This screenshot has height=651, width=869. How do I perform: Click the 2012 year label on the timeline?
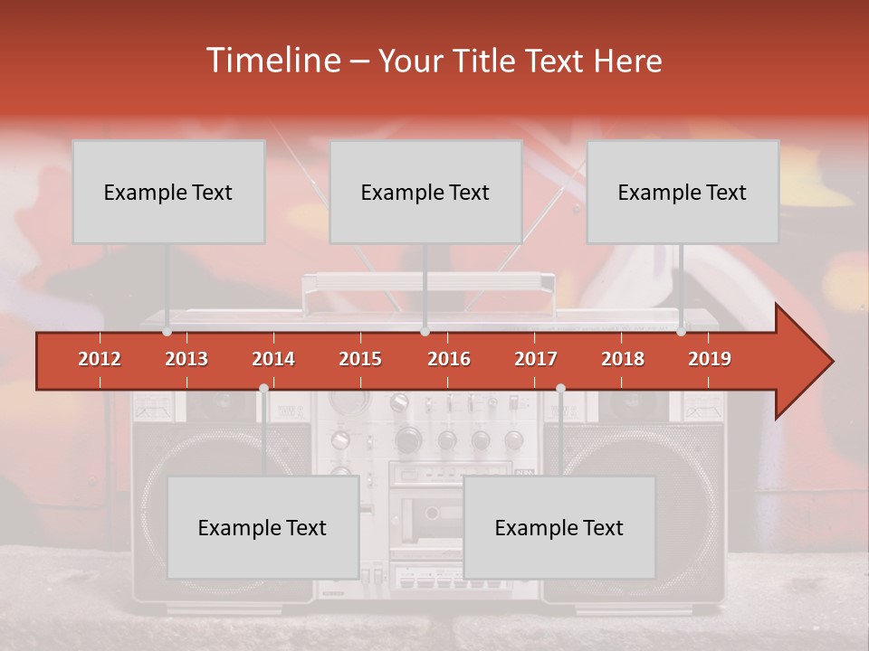click(x=100, y=359)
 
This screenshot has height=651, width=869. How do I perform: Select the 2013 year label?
click(x=186, y=359)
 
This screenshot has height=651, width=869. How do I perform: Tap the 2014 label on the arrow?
click(x=273, y=359)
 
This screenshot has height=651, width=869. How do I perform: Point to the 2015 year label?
click(x=360, y=359)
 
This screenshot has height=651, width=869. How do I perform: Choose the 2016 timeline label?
click(x=449, y=359)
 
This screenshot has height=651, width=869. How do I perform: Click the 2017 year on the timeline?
click(x=536, y=359)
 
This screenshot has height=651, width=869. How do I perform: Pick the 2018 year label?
click(x=623, y=359)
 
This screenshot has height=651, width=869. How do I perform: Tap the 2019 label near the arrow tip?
click(x=710, y=359)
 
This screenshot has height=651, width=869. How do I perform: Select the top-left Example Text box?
click(x=168, y=192)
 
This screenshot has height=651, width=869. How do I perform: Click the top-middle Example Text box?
click(x=425, y=192)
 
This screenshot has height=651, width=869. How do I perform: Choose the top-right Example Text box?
click(x=683, y=192)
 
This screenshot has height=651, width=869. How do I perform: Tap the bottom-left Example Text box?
click(x=263, y=527)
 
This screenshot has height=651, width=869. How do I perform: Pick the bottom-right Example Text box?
click(x=559, y=527)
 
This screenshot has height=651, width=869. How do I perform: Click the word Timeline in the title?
click(x=272, y=61)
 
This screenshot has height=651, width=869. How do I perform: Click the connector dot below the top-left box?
click(x=167, y=332)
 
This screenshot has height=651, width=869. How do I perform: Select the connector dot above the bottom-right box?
click(x=560, y=389)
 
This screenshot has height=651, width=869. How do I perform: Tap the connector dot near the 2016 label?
click(x=425, y=332)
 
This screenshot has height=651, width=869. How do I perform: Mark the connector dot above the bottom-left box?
click(x=263, y=389)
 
